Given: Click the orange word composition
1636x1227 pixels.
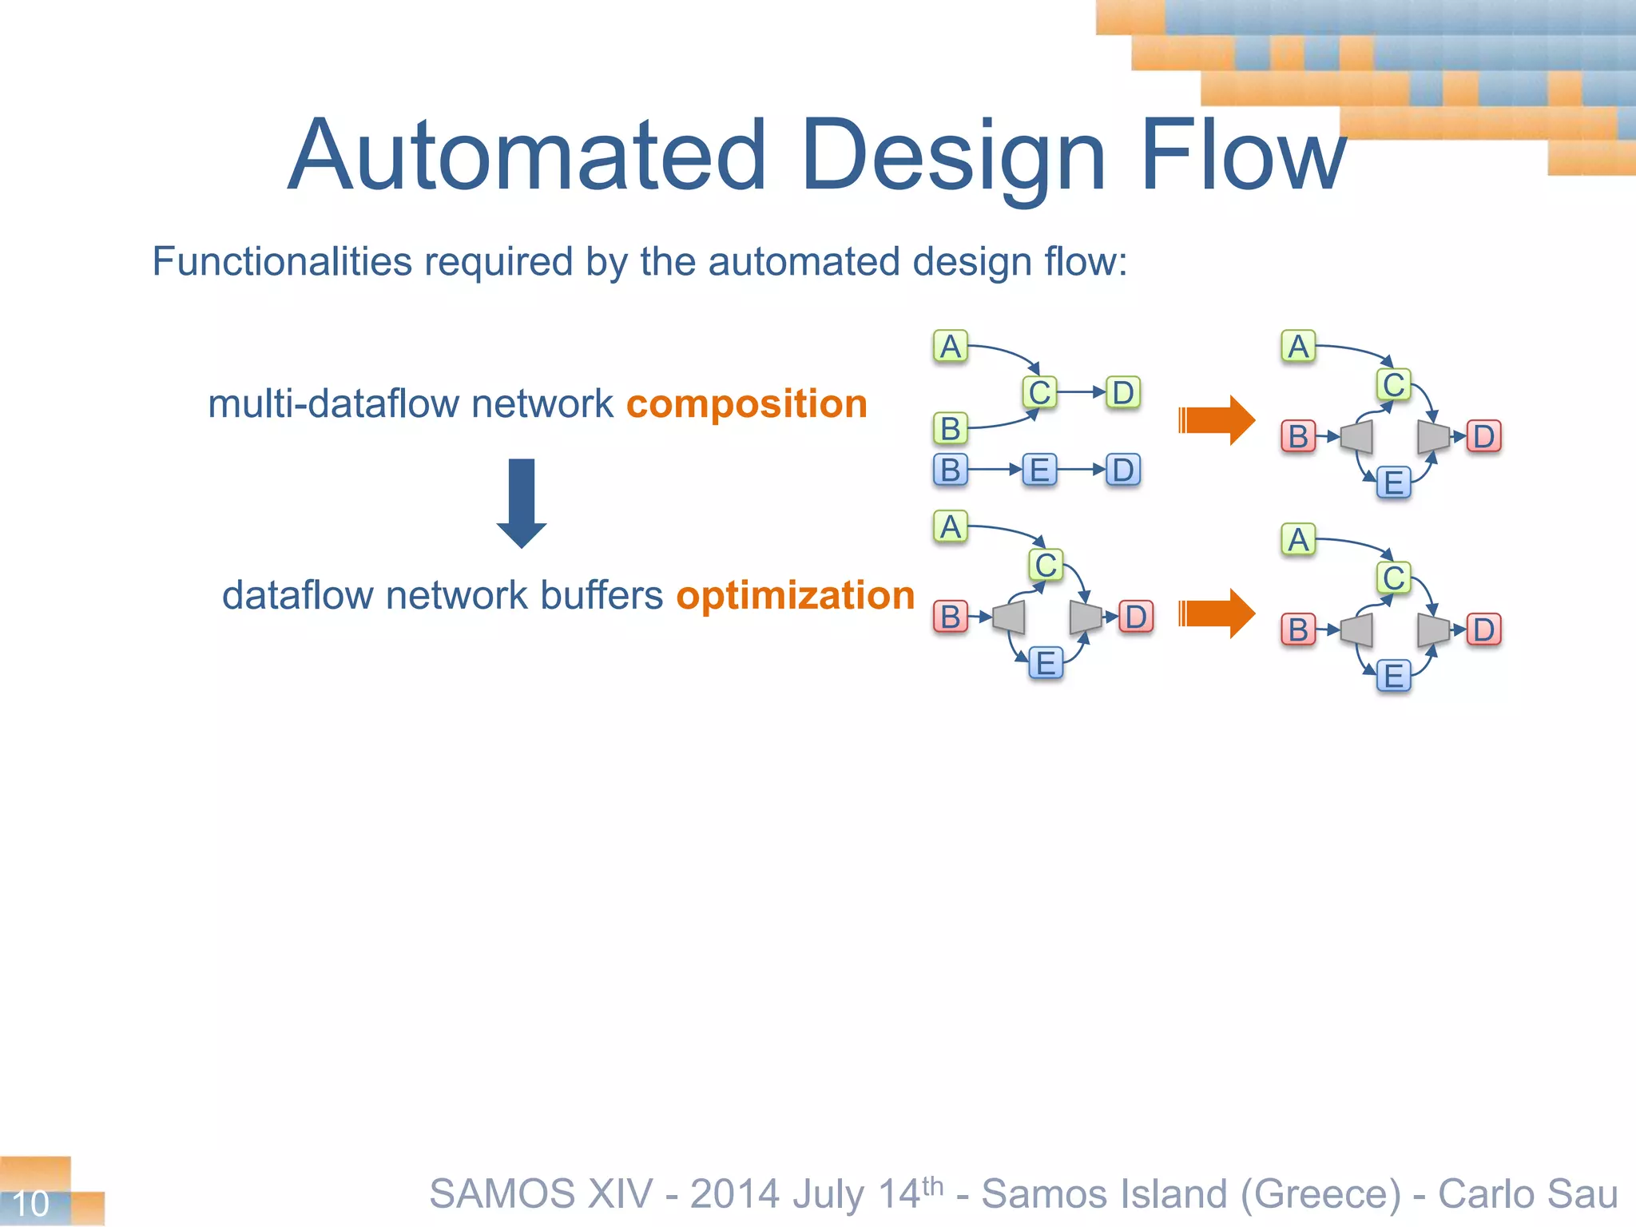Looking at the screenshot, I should click(x=746, y=404).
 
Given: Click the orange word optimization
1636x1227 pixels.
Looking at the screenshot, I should click(x=795, y=596).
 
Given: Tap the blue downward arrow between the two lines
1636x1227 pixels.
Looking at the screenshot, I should click(x=522, y=503).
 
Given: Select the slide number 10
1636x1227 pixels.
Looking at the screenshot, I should click(x=31, y=1203).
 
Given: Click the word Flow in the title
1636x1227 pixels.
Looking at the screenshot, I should click(x=1243, y=156).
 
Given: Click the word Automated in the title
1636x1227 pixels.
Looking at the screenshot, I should click(x=527, y=156).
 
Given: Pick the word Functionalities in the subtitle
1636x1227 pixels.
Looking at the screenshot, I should click(x=282, y=262).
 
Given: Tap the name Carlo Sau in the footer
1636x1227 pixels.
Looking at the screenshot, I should click(x=1527, y=1194).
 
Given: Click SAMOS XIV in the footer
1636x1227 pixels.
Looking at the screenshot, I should click(x=542, y=1194).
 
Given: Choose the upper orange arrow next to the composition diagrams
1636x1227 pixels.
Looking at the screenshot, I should click(x=1217, y=420).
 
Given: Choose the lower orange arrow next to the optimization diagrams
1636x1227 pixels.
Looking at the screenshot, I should click(x=1217, y=613).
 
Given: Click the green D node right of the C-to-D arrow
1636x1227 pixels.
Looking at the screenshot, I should click(x=1122, y=393).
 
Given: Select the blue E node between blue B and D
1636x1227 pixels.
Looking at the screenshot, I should click(x=1039, y=470).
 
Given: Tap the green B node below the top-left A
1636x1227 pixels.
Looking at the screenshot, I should click(x=950, y=429).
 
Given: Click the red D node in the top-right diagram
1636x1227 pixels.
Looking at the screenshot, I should click(x=1483, y=437).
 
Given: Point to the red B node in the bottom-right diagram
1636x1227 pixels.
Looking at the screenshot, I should click(x=1298, y=629).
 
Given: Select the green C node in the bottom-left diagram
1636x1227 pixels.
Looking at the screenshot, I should click(x=1046, y=566).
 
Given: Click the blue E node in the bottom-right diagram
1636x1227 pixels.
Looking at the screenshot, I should click(x=1394, y=676).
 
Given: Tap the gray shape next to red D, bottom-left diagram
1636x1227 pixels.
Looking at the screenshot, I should click(x=1085, y=617).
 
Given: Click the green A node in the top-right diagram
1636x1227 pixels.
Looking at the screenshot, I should click(x=1298, y=347).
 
